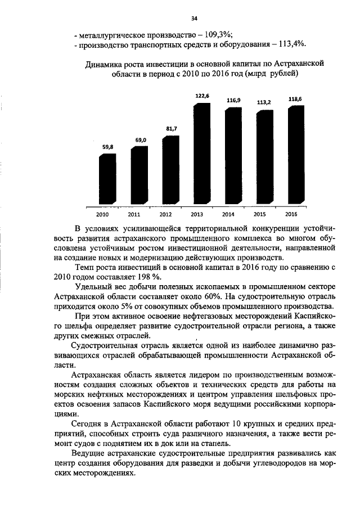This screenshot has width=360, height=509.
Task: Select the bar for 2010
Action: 107,179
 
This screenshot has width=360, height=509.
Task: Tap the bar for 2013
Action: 201,155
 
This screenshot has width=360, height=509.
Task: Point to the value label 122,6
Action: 202,96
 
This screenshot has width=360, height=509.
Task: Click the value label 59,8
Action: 108,146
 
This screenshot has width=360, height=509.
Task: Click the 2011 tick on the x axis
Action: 134,215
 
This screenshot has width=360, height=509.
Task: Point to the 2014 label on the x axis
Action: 228,215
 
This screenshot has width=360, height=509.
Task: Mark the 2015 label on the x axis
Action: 259,215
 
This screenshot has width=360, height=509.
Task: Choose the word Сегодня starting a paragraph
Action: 90,423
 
